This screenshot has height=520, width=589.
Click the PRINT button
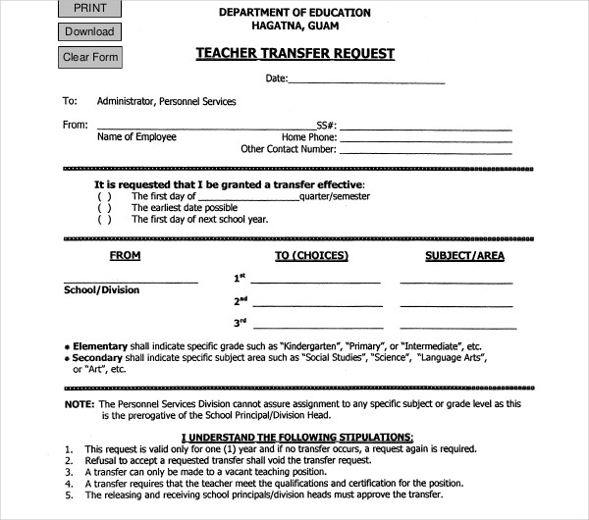[x=89, y=9]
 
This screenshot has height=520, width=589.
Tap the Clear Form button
[x=90, y=57]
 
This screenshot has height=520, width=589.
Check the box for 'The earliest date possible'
[x=104, y=208]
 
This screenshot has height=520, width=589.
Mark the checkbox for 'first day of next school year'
[x=104, y=220]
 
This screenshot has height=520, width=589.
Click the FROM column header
[x=125, y=256]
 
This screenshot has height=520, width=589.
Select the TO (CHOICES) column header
[x=311, y=256]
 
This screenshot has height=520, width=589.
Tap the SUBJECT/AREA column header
[x=464, y=256]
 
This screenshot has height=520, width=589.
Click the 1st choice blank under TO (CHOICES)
[x=316, y=282]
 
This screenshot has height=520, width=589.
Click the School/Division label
[x=102, y=290]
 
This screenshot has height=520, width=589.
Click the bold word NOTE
[x=80, y=404]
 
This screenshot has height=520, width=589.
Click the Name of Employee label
[x=136, y=137]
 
